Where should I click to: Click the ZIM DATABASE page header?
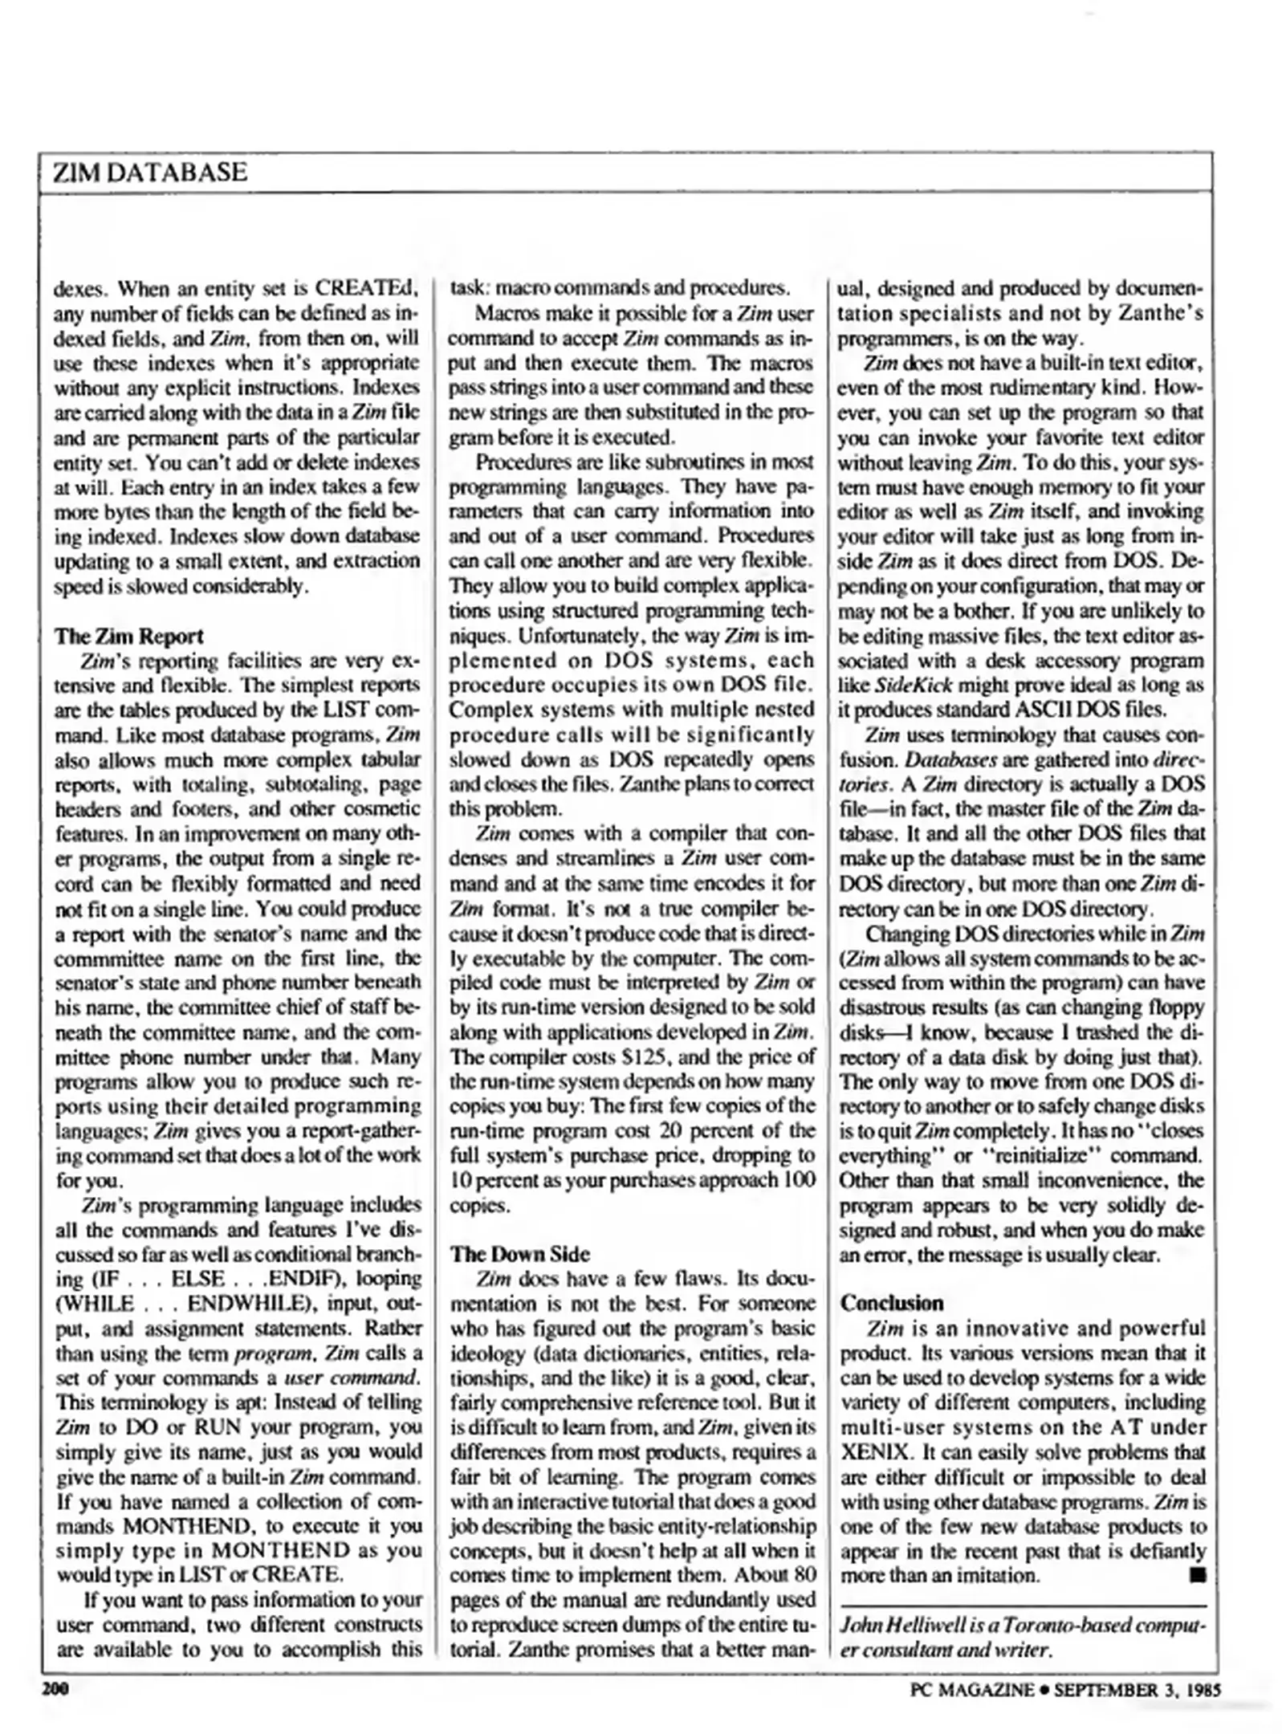[149, 173]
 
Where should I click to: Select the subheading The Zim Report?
[128, 636]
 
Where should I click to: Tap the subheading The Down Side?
[519, 1254]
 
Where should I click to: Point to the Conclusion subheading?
[891, 1303]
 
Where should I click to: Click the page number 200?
[56, 1689]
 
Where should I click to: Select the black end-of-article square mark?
[1198, 1575]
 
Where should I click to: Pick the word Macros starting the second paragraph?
[504, 313]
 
